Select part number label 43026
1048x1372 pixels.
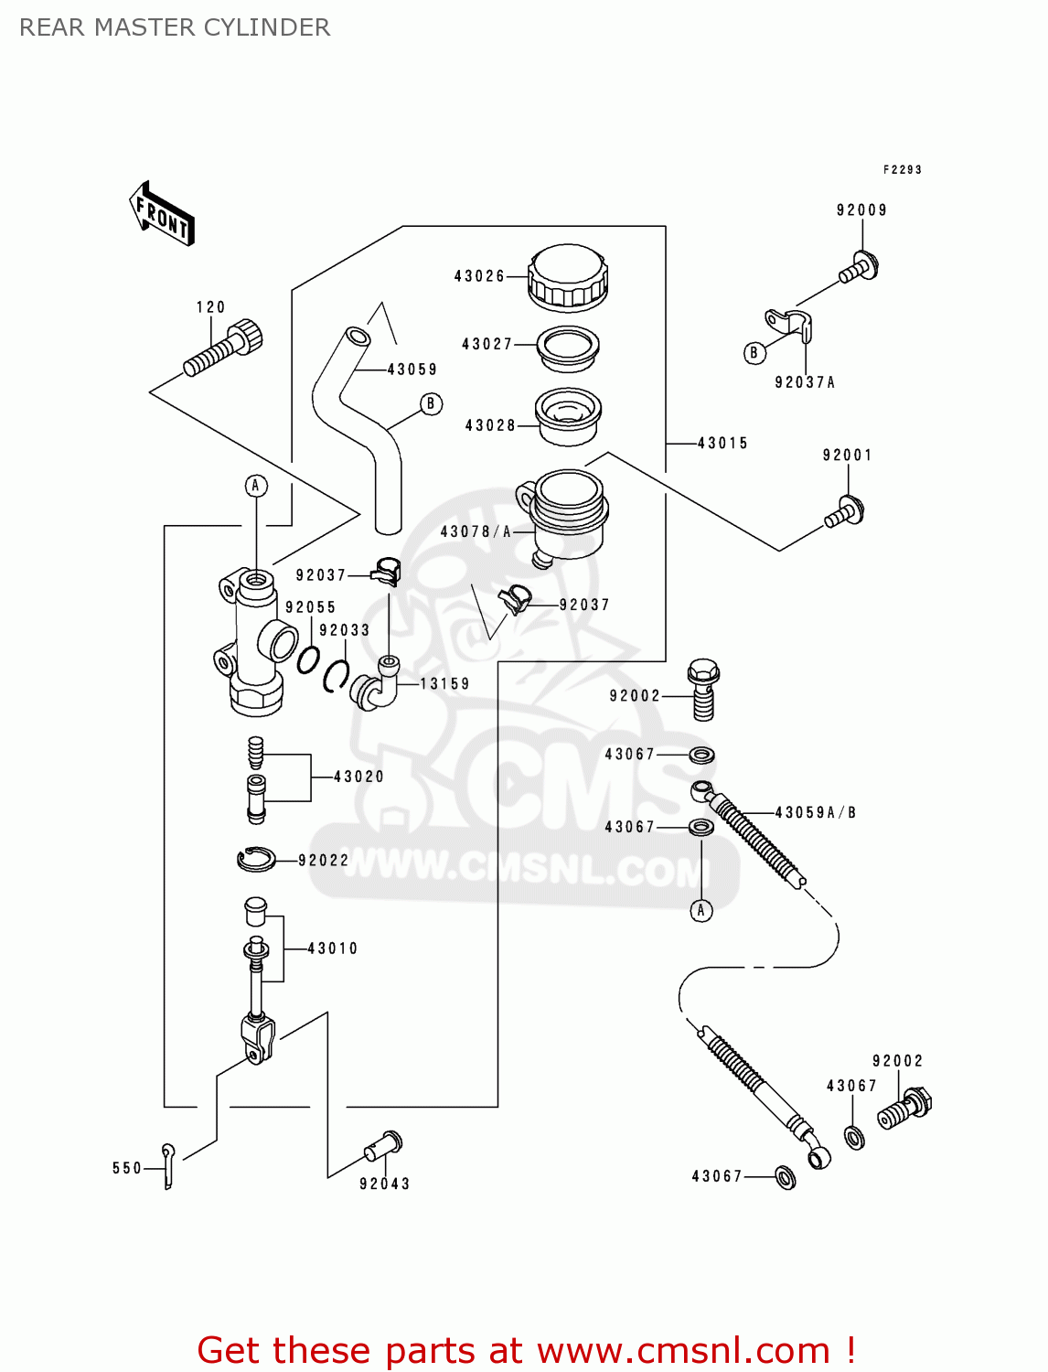tap(479, 276)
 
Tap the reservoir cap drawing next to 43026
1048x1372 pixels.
tap(568, 275)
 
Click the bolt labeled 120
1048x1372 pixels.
tap(224, 350)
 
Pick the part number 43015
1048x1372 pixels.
tap(722, 444)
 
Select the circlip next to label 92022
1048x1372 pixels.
tap(256, 859)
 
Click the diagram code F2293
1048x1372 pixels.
tap(902, 170)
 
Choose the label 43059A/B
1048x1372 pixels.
tap(815, 812)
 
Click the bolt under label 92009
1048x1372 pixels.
tap(860, 268)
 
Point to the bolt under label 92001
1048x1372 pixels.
tap(846, 512)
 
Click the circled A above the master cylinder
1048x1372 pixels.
tap(256, 486)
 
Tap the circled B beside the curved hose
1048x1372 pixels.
tap(431, 403)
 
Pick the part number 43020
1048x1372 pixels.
tap(358, 777)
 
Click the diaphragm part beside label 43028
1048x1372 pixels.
tap(568, 416)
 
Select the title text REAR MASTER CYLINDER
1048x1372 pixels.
tap(175, 27)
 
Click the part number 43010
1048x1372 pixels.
tap(332, 949)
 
